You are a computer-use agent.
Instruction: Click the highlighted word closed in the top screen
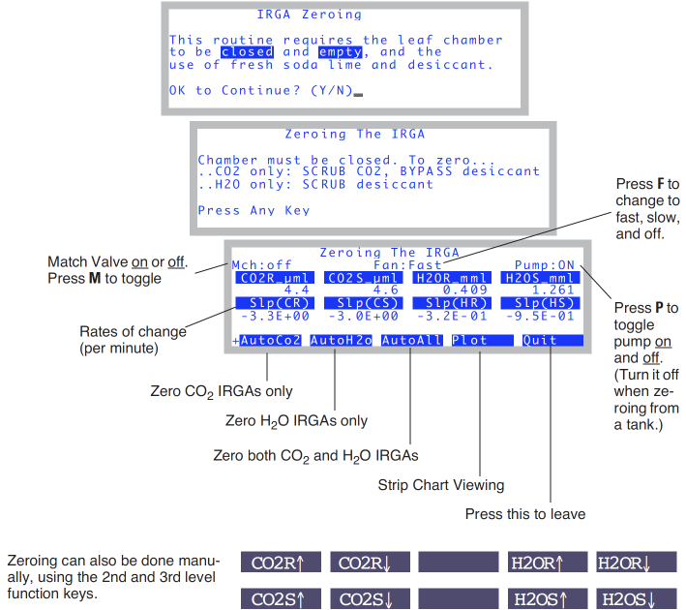click(x=247, y=52)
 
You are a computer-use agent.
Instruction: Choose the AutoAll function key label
click(x=411, y=341)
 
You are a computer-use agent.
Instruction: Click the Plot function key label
click(x=470, y=341)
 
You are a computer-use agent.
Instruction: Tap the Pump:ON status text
click(x=552, y=264)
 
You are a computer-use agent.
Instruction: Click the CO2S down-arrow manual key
click(x=366, y=598)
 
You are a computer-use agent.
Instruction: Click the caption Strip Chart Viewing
click(x=440, y=485)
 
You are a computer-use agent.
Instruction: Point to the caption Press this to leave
click(x=526, y=513)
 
